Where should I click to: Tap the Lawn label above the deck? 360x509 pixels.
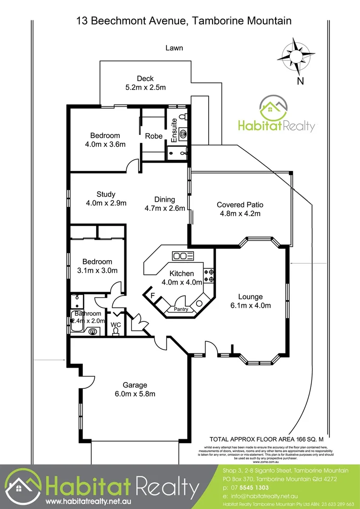pos(174,48)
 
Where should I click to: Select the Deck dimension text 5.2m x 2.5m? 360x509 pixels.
pos(145,87)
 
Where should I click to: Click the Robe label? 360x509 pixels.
pos(154,136)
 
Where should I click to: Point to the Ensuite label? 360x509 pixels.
pos(174,131)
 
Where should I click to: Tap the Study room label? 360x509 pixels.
pos(106,194)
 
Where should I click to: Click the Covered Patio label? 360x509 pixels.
pos(240,205)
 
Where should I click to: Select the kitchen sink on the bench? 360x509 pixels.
pos(183,256)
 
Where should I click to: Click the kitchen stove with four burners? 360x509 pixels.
pos(208,276)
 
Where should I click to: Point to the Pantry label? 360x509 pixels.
pos(181,309)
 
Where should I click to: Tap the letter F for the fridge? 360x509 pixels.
pos(152,296)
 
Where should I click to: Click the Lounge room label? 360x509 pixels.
pos(250,297)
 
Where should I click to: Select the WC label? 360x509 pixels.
pos(115,325)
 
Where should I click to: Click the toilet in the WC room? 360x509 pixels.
pos(115,332)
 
